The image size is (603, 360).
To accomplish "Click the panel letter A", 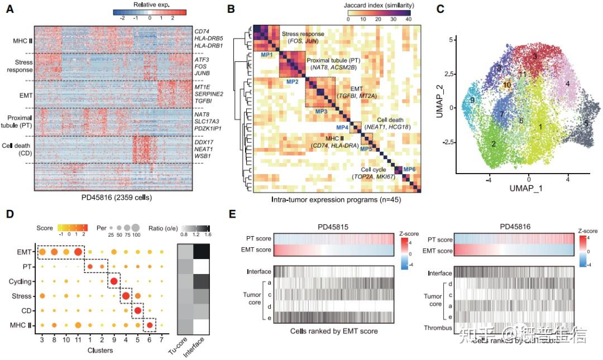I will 10,10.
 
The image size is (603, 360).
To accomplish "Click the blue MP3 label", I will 321,112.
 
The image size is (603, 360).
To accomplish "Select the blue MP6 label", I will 409,169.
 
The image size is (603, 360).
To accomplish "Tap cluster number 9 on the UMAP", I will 472,100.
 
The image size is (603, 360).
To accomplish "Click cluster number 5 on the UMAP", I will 586,123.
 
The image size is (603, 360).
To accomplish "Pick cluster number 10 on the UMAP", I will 506,85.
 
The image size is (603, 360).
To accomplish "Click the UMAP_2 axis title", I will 441,100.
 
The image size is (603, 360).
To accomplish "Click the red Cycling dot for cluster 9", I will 114,281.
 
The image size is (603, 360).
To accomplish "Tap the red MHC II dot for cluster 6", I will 149,324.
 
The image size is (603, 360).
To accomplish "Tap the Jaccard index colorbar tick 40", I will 409,18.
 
